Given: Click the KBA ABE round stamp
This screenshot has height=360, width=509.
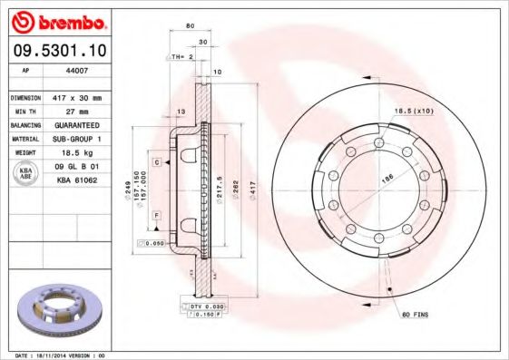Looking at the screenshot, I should (27, 174).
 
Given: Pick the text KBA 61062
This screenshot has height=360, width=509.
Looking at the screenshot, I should (78, 181).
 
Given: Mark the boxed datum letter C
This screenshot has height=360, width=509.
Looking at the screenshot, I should (156, 161).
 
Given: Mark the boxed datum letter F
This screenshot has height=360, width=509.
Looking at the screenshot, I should (156, 214).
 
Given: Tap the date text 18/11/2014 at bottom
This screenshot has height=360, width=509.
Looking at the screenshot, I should (61, 355).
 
